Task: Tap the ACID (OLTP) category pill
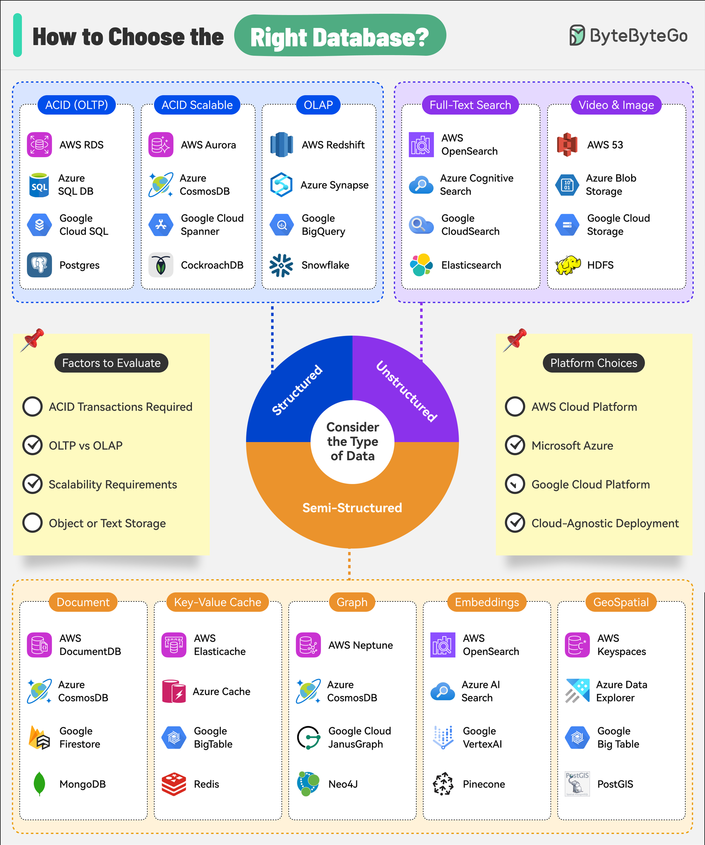tap(76, 105)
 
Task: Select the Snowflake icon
tap(281, 265)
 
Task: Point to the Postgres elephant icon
tap(39, 265)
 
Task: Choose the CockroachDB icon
tap(161, 265)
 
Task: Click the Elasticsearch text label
tap(471, 265)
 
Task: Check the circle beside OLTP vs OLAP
tap(32, 445)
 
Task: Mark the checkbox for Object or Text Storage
tap(32, 523)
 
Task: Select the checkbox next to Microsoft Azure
tap(515, 445)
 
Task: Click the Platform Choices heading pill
tap(594, 363)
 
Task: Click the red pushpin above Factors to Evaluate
tap(32, 340)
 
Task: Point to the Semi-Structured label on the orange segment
tap(352, 508)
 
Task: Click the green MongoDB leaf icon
tap(39, 784)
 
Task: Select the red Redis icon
tap(174, 784)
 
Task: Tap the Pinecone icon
tap(443, 784)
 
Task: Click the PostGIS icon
tap(577, 784)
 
